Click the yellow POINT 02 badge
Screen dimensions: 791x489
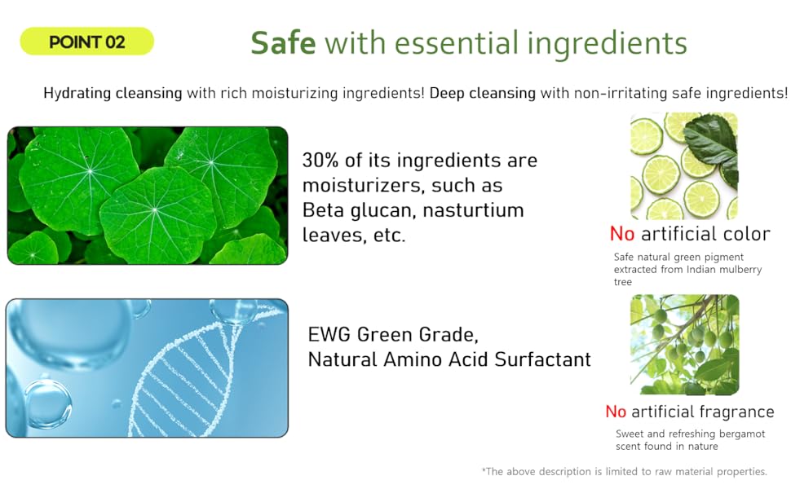click(86, 42)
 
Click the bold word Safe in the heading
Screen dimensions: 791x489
click(283, 42)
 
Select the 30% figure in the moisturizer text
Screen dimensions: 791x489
click(320, 161)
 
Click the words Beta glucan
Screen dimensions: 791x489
click(360, 210)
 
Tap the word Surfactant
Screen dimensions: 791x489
click(542, 359)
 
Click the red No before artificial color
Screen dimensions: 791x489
click(622, 234)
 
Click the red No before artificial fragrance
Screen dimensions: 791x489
click(616, 412)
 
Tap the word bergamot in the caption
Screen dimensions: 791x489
click(742, 434)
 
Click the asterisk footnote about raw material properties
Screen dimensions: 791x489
click(624, 471)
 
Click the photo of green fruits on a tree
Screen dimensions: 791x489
click(684, 344)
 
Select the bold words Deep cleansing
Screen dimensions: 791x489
click(482, 93)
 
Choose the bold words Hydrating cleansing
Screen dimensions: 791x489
click(113, 93)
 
